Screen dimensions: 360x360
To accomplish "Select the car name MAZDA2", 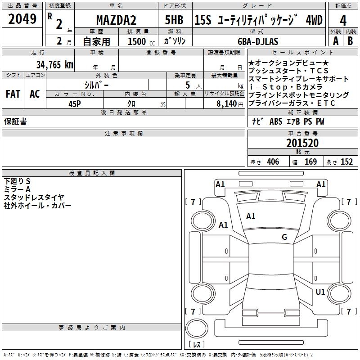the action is tap(116, 21).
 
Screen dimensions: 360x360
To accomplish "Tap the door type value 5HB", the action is tap(174, 21).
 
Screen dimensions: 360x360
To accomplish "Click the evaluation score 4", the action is tap(343, 21).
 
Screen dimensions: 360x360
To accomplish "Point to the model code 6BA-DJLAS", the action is tap(258, 41).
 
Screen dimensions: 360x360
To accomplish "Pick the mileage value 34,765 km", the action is tap(55, 64).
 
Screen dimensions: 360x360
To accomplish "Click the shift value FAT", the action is tap(13, 94).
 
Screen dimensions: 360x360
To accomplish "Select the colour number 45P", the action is tap(75, 103).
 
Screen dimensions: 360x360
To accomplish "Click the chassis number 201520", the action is tap(302, 144).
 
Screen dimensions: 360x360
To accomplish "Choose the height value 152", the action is tap(346, 162).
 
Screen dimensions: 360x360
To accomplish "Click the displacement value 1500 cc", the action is tap(140, 41).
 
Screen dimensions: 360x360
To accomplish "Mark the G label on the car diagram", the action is tap(284, 237).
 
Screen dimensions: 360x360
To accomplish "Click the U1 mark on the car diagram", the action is tap(320, 292).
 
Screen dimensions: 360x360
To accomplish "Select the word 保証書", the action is tap(15, 121).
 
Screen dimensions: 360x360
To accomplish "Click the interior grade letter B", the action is tap(350, 41).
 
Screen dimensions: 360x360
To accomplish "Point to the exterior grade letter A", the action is tap(336, 41).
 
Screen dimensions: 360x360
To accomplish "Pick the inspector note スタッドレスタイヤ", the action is tap(34, 197).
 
